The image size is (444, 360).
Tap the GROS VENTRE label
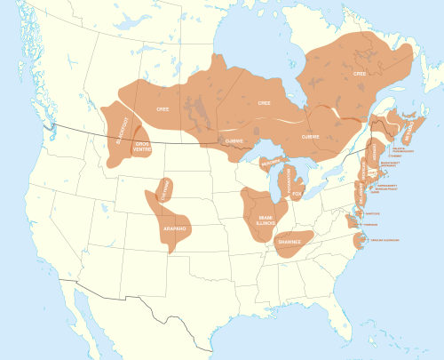[x=141, y=148]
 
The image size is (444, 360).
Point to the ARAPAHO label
[x=175, y=228]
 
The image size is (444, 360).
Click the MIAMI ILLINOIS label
[x=266, y=220]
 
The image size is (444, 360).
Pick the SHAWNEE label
[x=290, y=242]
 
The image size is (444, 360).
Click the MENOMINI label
[x=270, y=164]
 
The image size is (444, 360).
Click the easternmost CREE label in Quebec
[x=359, y=74]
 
